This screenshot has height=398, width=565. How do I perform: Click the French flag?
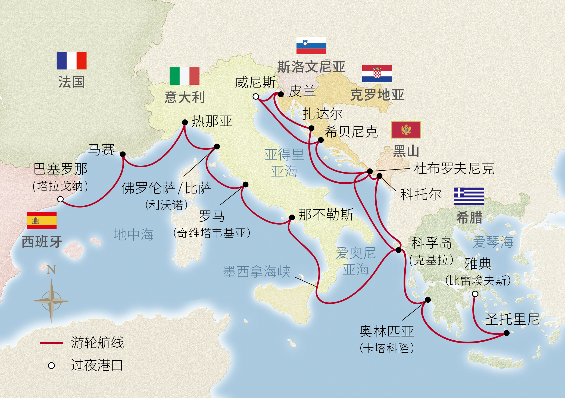(x=71, y=61)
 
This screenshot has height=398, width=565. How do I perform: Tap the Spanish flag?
(x=42, y=220)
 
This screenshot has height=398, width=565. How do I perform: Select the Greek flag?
(x=469, y=196)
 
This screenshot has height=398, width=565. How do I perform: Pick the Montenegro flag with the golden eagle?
(x=406, y=130)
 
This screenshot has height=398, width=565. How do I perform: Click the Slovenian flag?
(x=311, y=46)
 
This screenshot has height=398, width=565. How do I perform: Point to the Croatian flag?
(x=377, y=73)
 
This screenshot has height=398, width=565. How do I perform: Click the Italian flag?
(x=184, y=76)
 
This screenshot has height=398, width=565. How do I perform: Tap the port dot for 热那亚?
(x=185, y=122)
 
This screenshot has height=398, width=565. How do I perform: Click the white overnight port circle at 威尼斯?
(x=256, y=96)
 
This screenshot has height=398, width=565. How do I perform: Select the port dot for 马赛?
(x=123, y=154)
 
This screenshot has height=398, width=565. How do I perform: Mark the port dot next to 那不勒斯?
(x=292, y=217)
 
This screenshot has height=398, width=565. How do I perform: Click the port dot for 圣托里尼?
(x=507, y=333)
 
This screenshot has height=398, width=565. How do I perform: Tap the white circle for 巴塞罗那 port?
(x=61, y=199)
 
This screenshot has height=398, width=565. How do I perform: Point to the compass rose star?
(x=51, y=301)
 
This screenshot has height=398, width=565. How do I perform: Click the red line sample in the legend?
(x=51, y=343)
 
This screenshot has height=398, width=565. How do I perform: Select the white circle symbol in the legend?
(x=51, y=366)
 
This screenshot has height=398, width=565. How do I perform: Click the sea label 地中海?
(x=133, y=234)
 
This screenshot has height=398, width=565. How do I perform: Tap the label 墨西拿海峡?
(x=257, y=271)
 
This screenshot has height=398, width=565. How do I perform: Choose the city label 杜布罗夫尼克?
(x=454, y=168)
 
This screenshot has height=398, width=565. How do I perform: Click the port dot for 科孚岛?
(x=398, y=250)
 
